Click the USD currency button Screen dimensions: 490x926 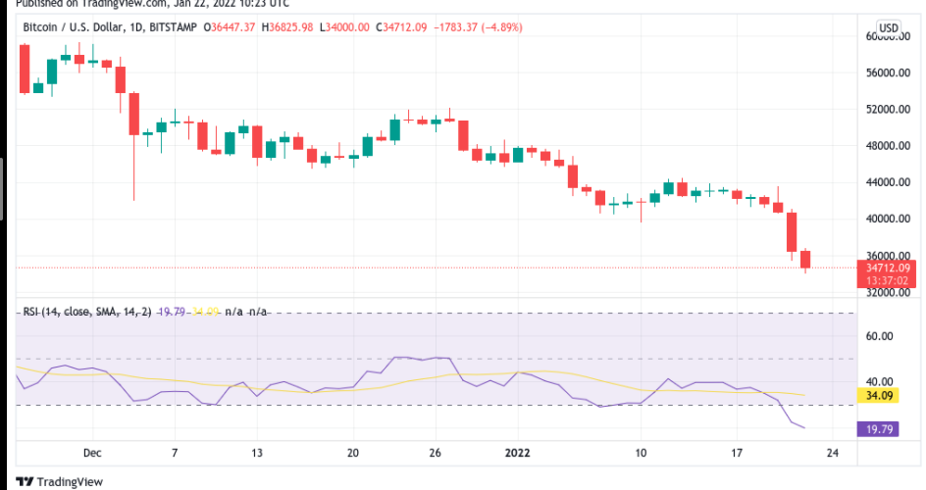coord(888,27)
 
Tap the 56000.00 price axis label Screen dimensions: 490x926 coord(887,73)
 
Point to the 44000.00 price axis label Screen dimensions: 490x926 coord(887,182)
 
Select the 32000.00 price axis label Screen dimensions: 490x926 coord(887,292)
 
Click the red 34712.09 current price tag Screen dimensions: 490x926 coord(889,268)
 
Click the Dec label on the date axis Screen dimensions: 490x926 coord(92,453)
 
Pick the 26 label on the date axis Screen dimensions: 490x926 coord(436,453)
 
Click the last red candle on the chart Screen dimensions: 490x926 coord(805,259)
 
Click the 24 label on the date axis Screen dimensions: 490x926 coord(832,453)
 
